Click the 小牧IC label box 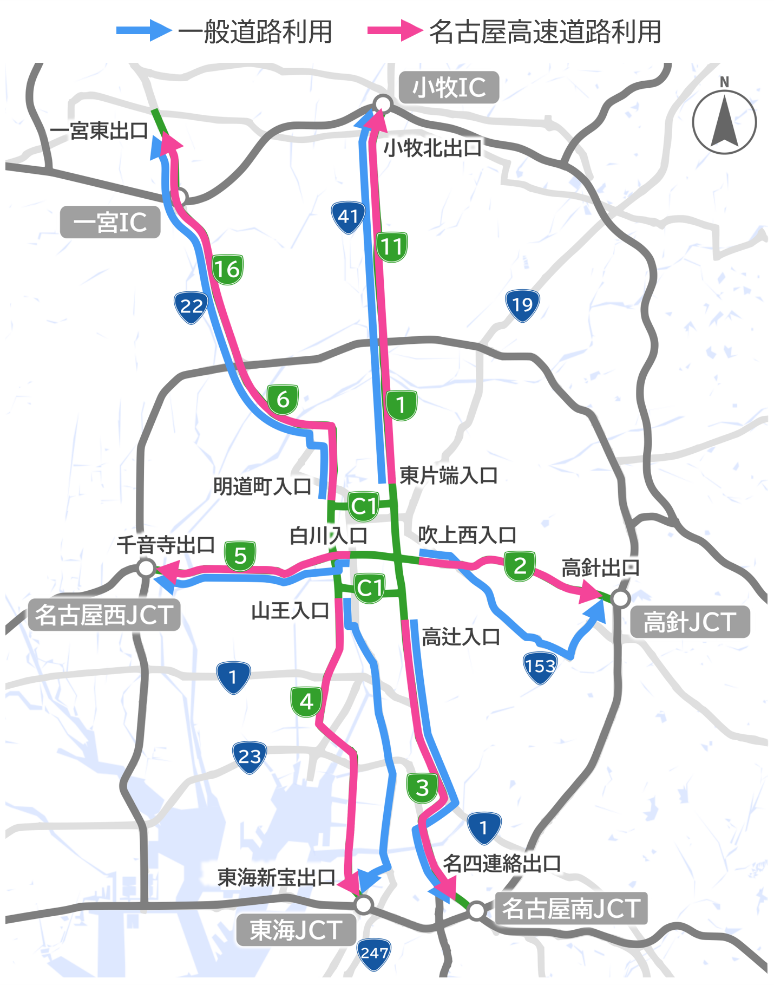[449, 87]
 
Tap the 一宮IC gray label [110, 222]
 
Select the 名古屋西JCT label [104, 615]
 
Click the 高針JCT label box [690, 622]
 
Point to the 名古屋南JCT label [571, 908]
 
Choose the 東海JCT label [296, 930]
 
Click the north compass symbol [724, 121]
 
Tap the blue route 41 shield [348, 217]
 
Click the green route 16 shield [227, 269]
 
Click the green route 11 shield [392, 247]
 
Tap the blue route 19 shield [522, 305]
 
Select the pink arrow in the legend [395, 30]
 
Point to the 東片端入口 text [448, 475]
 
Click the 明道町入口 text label [262, 486]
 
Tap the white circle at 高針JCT [621, 598]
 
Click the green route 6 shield [283, 400]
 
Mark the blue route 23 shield [250, 756]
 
